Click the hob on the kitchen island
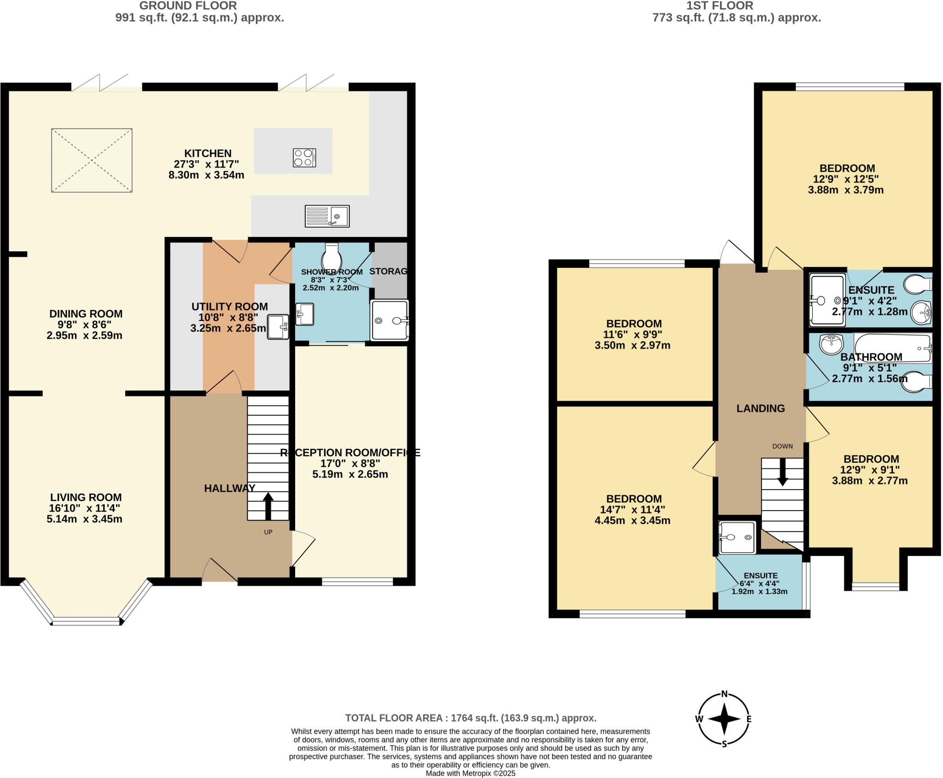(x=304, y=158)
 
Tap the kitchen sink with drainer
(x=327, y=216)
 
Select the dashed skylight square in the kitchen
(x=92, y=160)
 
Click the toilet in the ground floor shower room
(x=332, y=258)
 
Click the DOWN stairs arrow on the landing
(x=782, y=472)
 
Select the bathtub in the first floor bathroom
(x=892, y=348)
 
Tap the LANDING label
(x=760, y=408)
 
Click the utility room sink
(x=278, y=327)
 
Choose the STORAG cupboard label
(x=388, y=271)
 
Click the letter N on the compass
(x=724, y=694)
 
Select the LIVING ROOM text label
(x=86, y=497)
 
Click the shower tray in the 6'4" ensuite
(x=737, y=537)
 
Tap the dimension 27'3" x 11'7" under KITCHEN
(x=206, y=164)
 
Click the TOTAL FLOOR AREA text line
(x=471, y=718)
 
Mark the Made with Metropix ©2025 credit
(x=470, y=773)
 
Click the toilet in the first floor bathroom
(x=916, y=382)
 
